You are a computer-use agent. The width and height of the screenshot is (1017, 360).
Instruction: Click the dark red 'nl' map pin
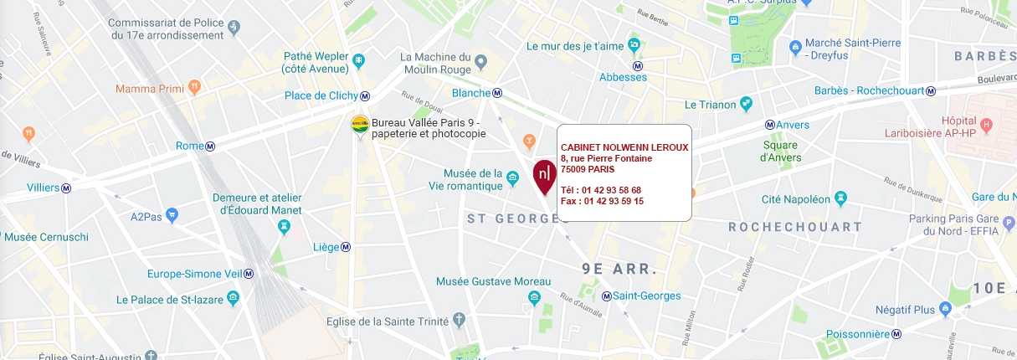click(544, 174)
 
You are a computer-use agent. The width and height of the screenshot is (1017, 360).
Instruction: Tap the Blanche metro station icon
click(497, 93)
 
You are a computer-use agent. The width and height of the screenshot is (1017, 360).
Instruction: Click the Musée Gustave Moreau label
click(494, 281)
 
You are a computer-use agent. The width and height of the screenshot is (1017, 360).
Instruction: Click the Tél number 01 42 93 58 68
click(601, 190)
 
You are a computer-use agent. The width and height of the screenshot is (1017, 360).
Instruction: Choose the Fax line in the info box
click(602, 201)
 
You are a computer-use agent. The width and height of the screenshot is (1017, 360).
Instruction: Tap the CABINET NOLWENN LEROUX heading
click(624, 147)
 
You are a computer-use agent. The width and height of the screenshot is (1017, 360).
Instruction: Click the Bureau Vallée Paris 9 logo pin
click(360, 123)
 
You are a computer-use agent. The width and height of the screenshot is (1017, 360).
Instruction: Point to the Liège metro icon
click(346, 247)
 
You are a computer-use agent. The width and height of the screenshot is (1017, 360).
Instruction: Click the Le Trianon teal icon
click(746, 104)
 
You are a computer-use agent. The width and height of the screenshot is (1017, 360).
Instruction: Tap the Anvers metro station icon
click(769, 125)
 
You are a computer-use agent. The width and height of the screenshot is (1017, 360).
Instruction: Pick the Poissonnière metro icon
click(896, 333)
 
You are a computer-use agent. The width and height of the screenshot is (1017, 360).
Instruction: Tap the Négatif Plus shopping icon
click(945, 310)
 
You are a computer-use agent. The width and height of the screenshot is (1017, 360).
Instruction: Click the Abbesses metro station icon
click(637, 65)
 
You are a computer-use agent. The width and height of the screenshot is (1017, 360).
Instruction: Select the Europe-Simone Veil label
click(195, 275)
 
